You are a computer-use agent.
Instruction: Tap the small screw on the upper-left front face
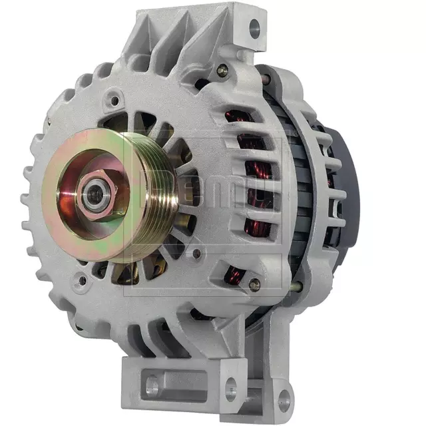click(x=115, y=101)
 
